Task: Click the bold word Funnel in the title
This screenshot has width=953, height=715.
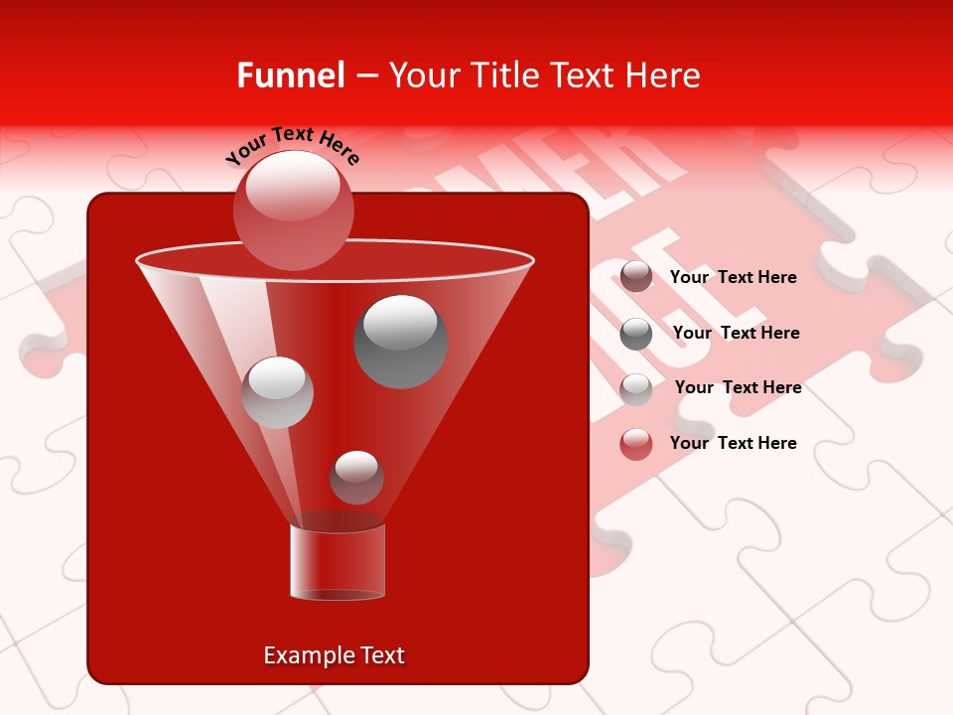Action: (291, 75)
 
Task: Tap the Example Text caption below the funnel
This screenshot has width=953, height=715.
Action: (334, 655)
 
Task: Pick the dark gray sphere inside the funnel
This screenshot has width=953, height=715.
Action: (400, 341)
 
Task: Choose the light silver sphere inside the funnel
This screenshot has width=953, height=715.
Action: (277, 392)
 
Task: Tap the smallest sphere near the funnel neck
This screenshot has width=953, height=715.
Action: (356, 477)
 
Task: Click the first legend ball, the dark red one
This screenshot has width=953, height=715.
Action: (636, 276)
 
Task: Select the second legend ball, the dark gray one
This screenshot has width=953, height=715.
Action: (636, 334)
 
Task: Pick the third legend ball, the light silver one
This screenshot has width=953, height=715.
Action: (636, 388)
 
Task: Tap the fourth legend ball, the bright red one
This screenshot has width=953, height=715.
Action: (636, 444)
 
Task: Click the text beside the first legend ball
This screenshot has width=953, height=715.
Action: (733, 277)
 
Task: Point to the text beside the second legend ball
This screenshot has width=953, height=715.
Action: (736, 333)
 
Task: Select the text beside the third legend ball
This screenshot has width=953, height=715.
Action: (738, 387)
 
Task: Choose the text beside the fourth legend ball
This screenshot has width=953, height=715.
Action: (733, 443)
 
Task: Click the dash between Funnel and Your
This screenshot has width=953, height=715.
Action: (365, 75)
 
